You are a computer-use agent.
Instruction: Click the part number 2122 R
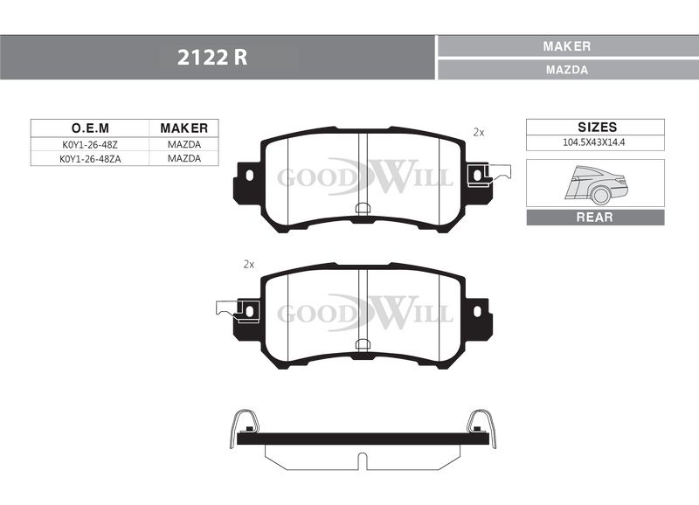pos(211,58)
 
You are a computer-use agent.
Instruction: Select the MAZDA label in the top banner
pos(567,70)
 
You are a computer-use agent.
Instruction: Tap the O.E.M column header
pos(90,128)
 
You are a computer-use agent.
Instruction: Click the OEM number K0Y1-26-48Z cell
pos(90,145)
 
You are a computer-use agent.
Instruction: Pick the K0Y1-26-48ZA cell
pos(90,159)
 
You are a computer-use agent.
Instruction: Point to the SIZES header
pos(598,127)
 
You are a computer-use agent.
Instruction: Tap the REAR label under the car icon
pos(595,217)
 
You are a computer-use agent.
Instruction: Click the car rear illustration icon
pos(597,184)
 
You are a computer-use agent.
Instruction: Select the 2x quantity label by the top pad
pos(479,133)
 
